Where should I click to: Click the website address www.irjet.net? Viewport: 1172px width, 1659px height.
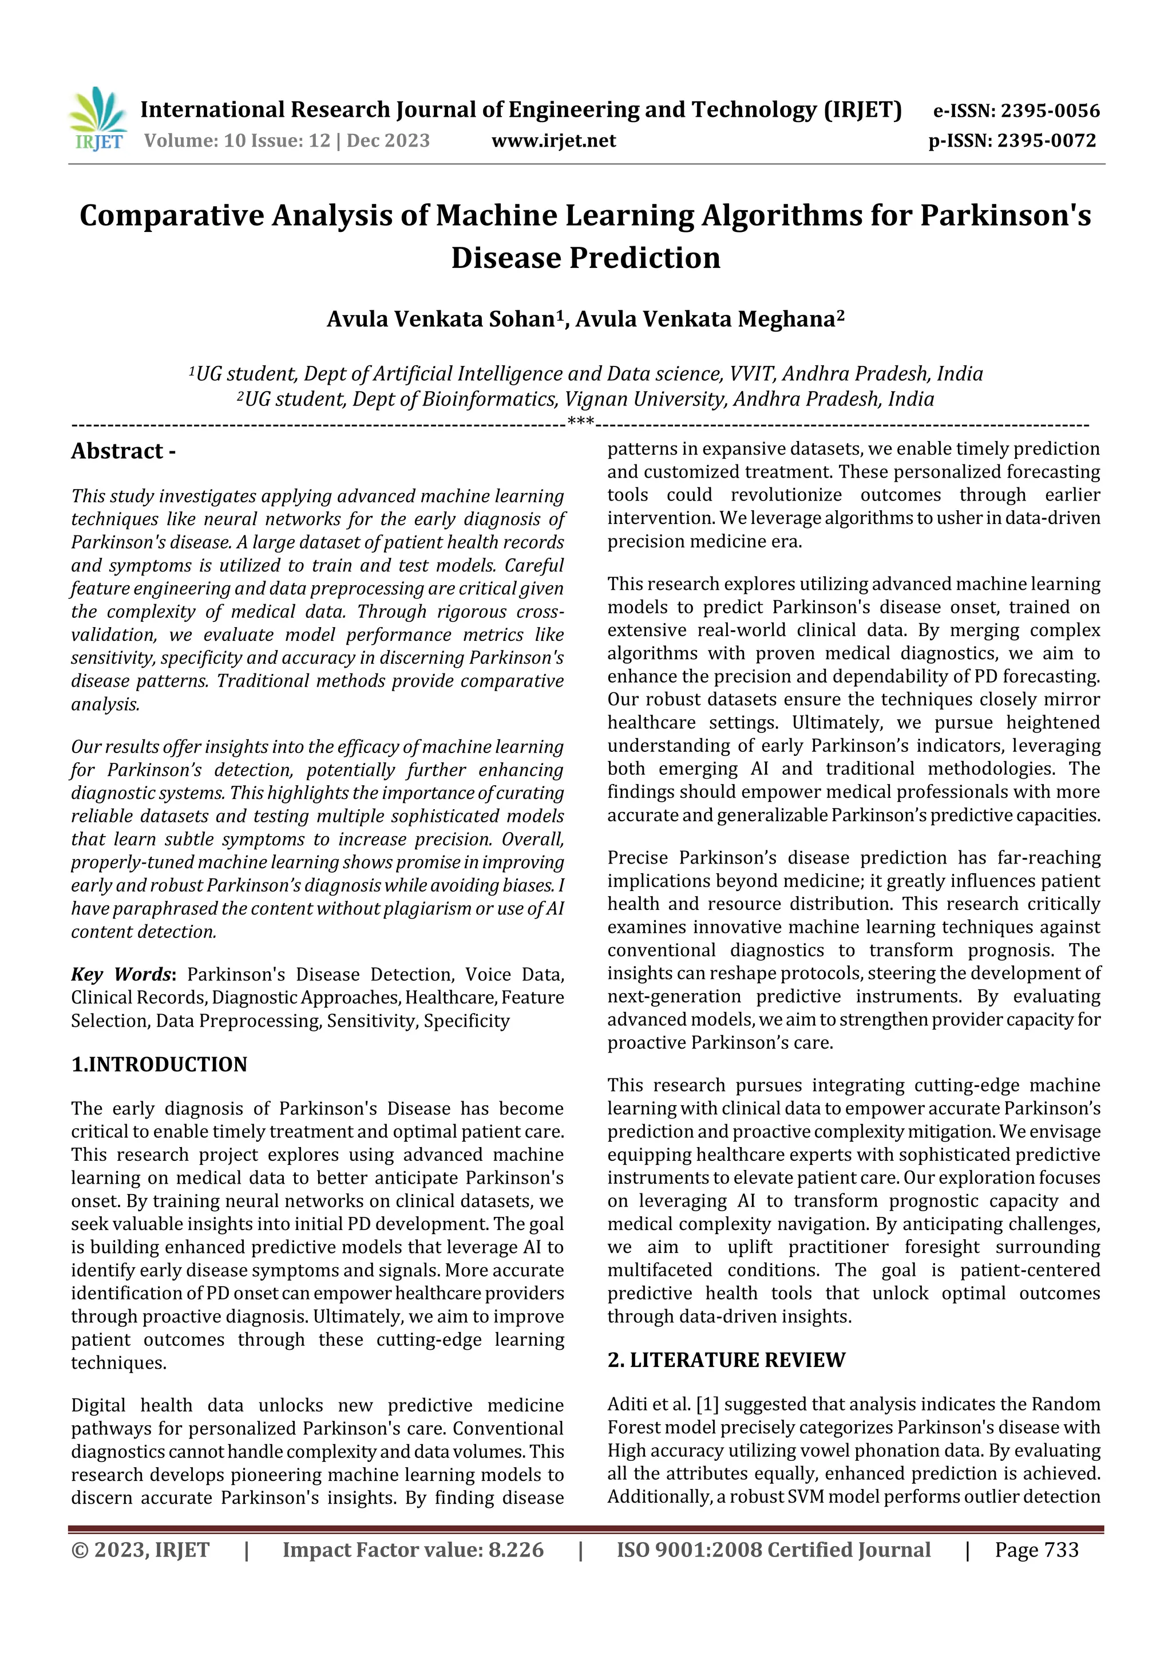[x=554, y=141]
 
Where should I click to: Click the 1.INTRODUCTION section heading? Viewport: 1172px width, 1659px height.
[x=159, y=1065]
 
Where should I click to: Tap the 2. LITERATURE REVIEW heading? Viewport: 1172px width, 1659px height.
[x=726, y=1360]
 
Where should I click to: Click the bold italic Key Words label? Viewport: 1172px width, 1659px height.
[x=121, y=975]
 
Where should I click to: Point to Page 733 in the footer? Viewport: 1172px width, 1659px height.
[x=1036, y=1550]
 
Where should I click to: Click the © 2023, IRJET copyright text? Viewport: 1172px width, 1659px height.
[x=140, y=1550]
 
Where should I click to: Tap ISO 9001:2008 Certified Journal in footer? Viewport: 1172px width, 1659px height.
[x=773, y=1550]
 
